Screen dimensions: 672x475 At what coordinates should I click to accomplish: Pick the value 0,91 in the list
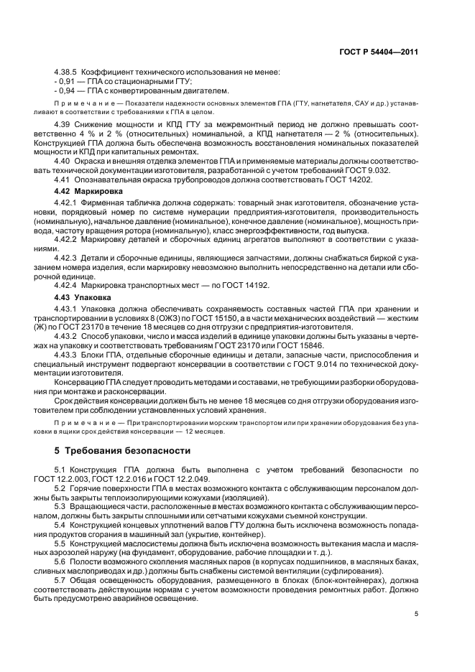[x=68, y=82]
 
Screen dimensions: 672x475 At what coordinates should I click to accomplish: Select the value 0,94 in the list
[x=68, y=91]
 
